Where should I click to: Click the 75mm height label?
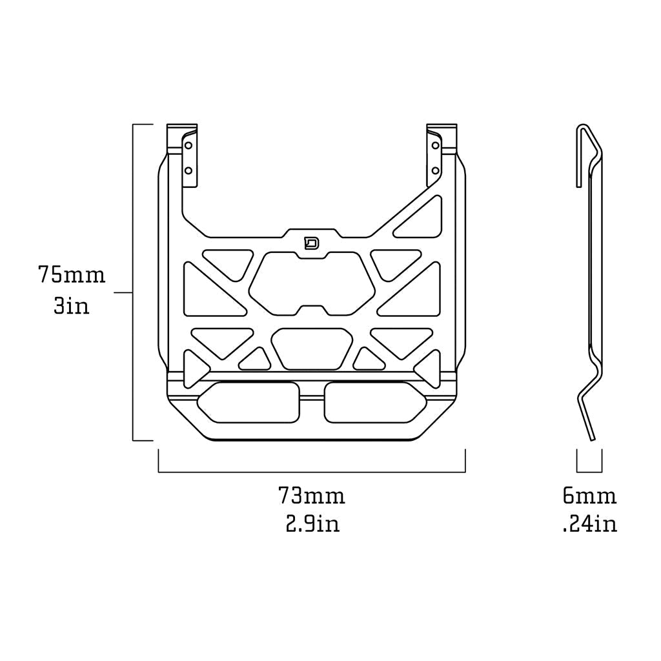pos(71,274)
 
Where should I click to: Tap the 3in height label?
pos(71,305)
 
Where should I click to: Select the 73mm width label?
pos(312,496)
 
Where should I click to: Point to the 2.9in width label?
pos(312,524)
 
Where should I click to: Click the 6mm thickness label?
pos(589,496)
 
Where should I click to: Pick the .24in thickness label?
pos(589,524)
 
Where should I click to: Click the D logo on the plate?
pos(312,243)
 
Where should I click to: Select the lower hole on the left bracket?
pos(189,171)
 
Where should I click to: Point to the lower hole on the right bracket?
pos(435,171)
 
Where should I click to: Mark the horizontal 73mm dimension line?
pos(312,472)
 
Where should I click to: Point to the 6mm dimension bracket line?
pos(589,472)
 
